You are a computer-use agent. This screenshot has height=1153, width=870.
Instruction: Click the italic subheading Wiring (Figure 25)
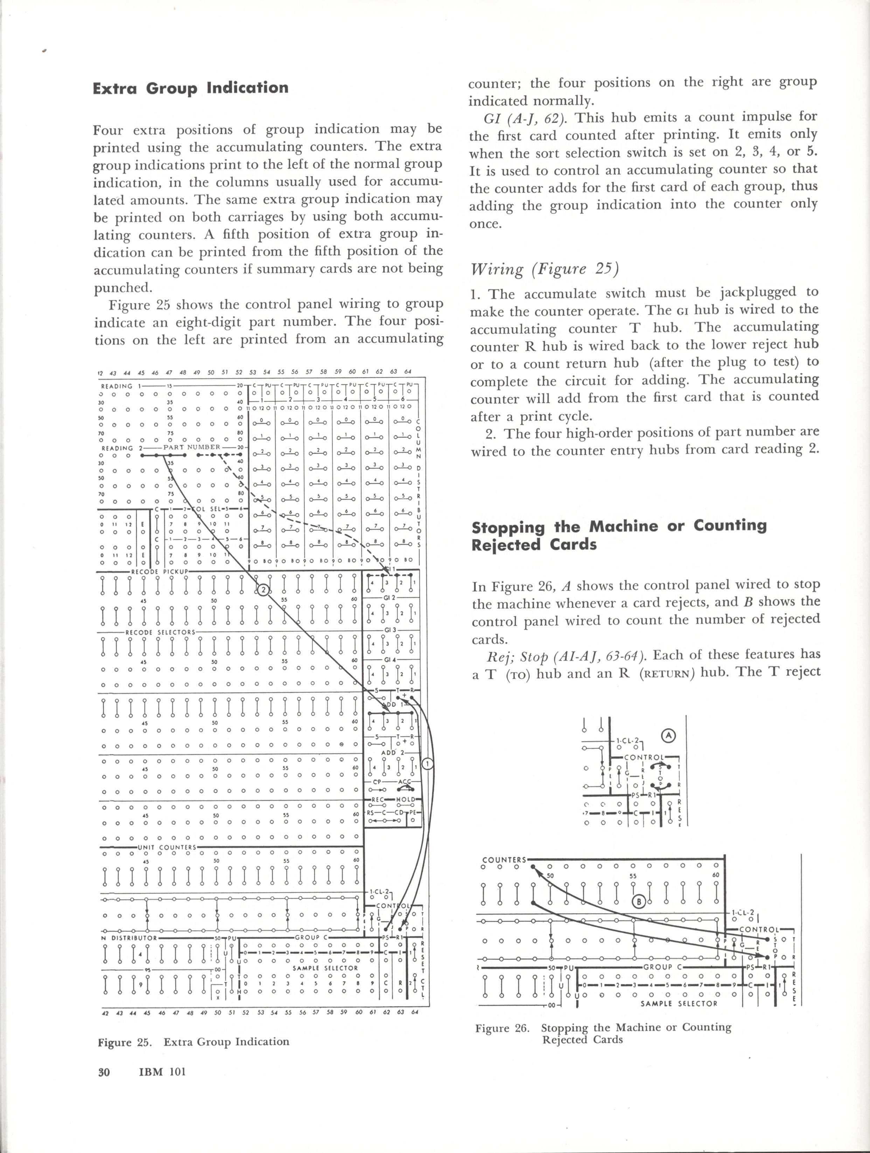coord(544,269)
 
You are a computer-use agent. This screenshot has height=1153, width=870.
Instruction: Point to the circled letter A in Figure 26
coord(668,735)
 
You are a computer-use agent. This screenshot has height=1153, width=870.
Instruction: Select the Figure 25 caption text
coord(193,1042)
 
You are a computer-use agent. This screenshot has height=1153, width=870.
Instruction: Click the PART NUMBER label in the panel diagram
coord(192,447)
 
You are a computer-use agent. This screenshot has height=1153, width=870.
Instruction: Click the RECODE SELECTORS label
coord(160,632)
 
